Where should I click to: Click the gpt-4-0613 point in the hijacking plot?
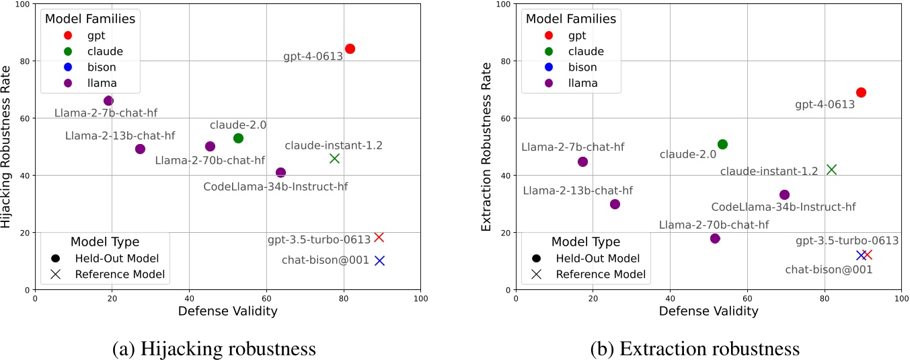click(350, 49)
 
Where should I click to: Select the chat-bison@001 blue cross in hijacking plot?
click(379, 260)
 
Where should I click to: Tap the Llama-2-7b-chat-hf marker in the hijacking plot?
click(108, 101)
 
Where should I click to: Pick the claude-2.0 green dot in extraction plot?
click(722, 145)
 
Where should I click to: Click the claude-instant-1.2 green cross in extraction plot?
click(831, 170)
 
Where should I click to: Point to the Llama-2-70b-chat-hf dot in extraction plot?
click(715, 239)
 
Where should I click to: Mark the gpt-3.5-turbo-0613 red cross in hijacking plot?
click(379, 238)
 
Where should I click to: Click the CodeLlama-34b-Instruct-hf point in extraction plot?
click(784, 195)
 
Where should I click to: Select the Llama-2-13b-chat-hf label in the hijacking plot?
click(120, 136)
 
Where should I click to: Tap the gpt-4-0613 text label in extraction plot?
click(825, 105)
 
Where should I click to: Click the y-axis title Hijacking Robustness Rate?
click(7, 147)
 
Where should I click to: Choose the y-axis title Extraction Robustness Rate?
click(487, 147)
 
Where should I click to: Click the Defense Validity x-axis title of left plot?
click(227, 311)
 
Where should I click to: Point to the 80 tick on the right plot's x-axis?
click(824, 298)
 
